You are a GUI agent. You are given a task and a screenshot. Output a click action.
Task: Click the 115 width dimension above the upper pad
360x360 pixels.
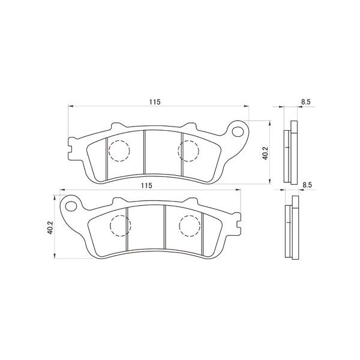155,103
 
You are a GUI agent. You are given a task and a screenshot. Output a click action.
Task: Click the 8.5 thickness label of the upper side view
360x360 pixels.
305,103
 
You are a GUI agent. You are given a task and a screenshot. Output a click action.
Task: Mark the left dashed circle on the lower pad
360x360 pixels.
120,226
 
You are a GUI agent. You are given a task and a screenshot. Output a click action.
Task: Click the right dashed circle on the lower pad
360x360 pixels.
190,225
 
